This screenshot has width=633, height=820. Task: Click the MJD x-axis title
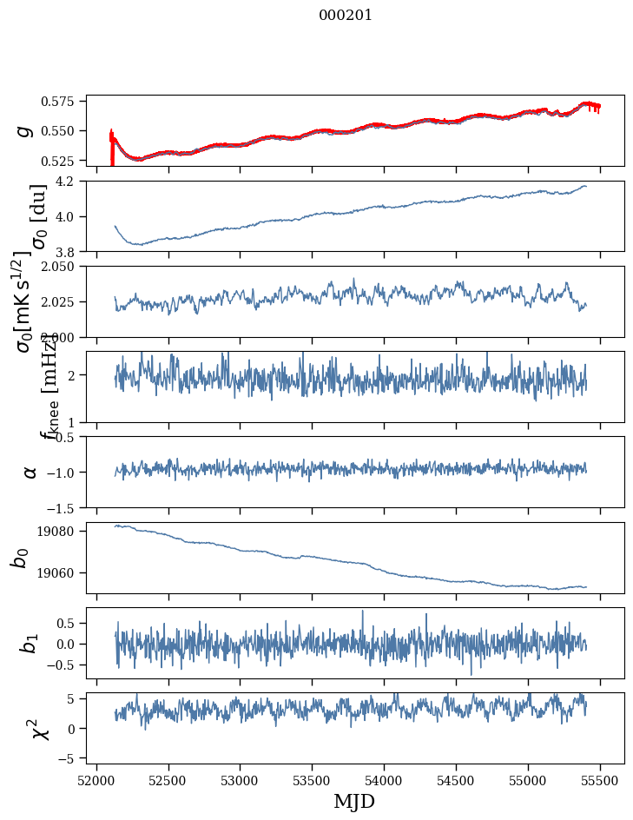(354, 801)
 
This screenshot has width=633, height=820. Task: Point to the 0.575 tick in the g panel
(63, 102)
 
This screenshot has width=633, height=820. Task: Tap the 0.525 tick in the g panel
(63, 161)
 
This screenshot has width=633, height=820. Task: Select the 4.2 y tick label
(71, 182)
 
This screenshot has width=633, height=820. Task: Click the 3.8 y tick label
(71, 252)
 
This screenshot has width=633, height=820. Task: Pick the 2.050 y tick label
(63, 267)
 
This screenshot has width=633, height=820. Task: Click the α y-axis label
(30, 472)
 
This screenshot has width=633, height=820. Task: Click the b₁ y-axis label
(30, 643)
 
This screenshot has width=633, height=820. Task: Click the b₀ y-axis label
(20, 558)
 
